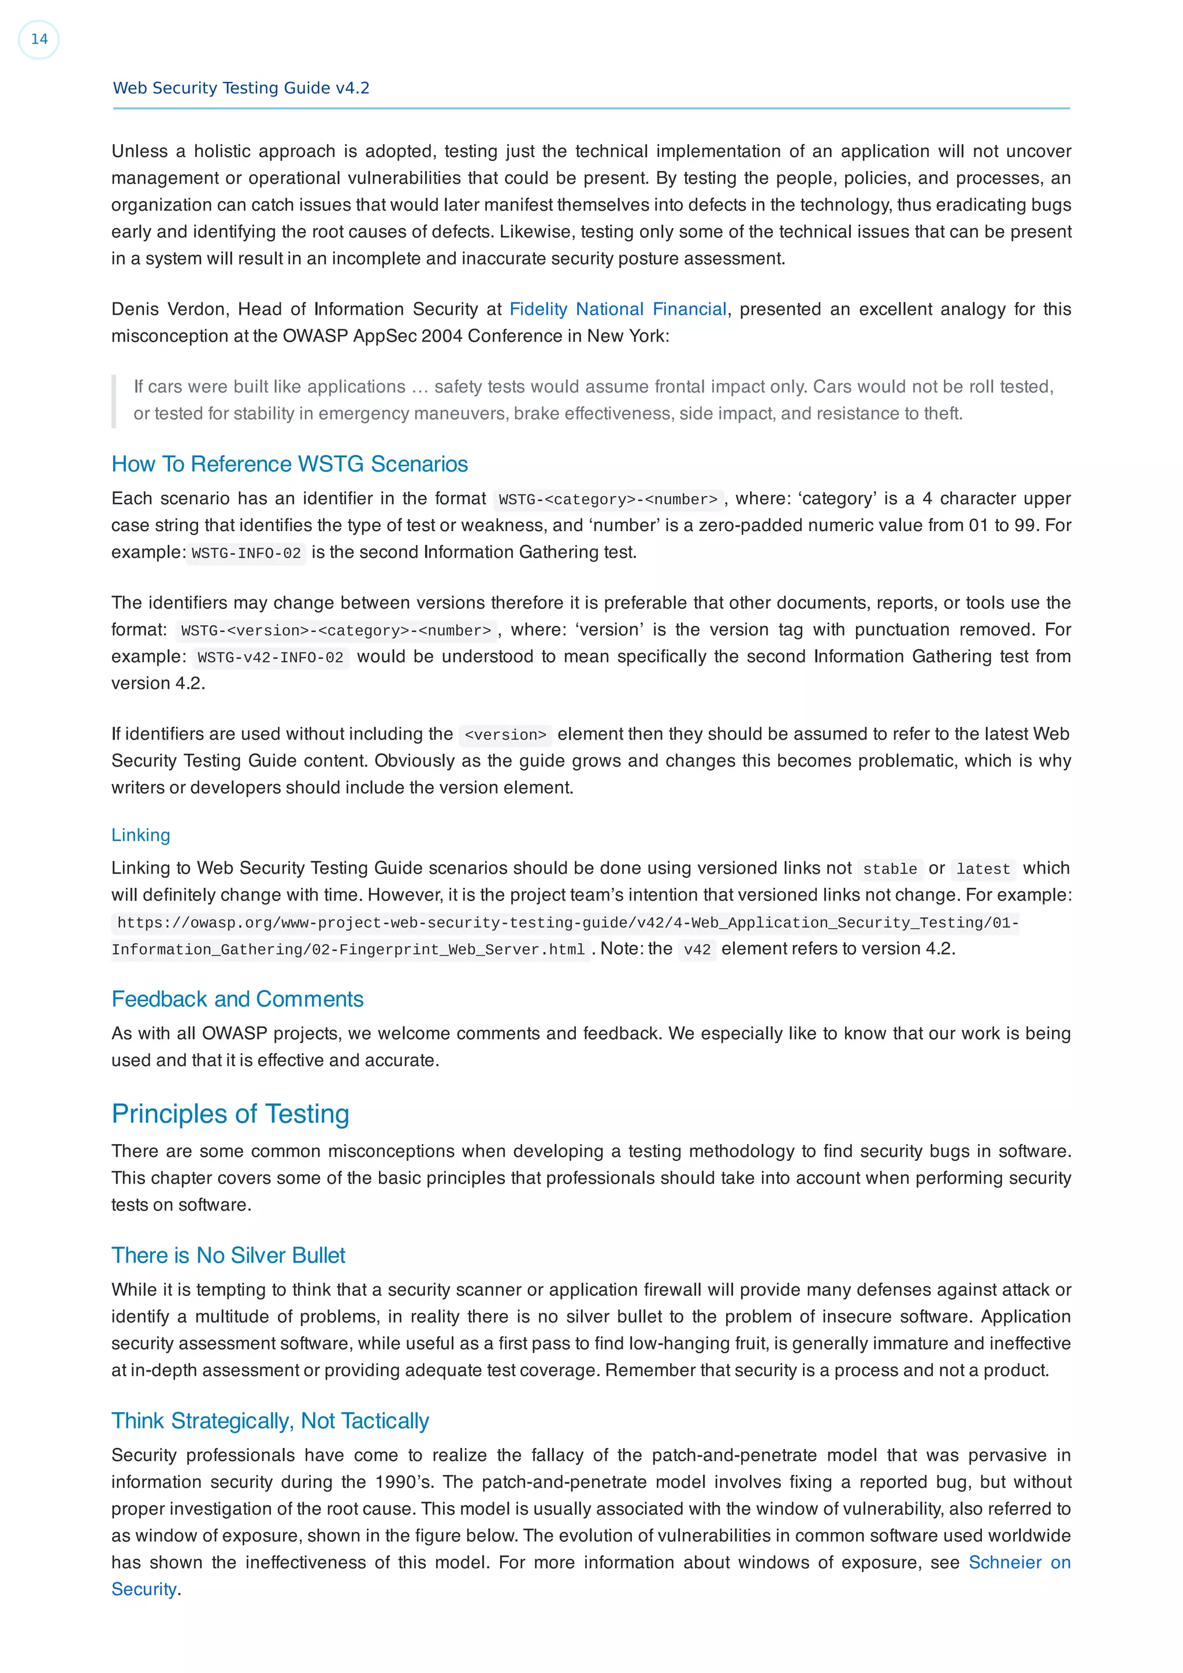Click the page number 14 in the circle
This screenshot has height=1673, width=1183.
(x=39, y=39)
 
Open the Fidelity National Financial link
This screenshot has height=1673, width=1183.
(x=617, y=309)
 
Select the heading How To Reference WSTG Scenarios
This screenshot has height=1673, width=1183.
(x=289, y=464)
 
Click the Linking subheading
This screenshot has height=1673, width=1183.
(x=141, y=835)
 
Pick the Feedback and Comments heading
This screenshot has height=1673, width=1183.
(x=237, y=999)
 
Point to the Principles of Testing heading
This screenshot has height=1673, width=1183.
(x=230, y=1114)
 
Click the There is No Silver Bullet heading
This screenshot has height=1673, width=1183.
(x=228, y=1256)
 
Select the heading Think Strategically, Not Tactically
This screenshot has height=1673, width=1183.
(x=270, y=1421)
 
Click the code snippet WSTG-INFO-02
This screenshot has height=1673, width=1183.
(x=247, y=553)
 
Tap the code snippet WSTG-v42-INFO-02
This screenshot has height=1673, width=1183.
(x=270, y=657)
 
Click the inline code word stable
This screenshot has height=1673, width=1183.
(x=889, y=869)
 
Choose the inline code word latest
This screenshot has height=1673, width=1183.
(x=983, y=869)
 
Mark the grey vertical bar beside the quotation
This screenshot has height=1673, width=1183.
(x=114, y=401)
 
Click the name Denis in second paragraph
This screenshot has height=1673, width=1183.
(x=132, y=309)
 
